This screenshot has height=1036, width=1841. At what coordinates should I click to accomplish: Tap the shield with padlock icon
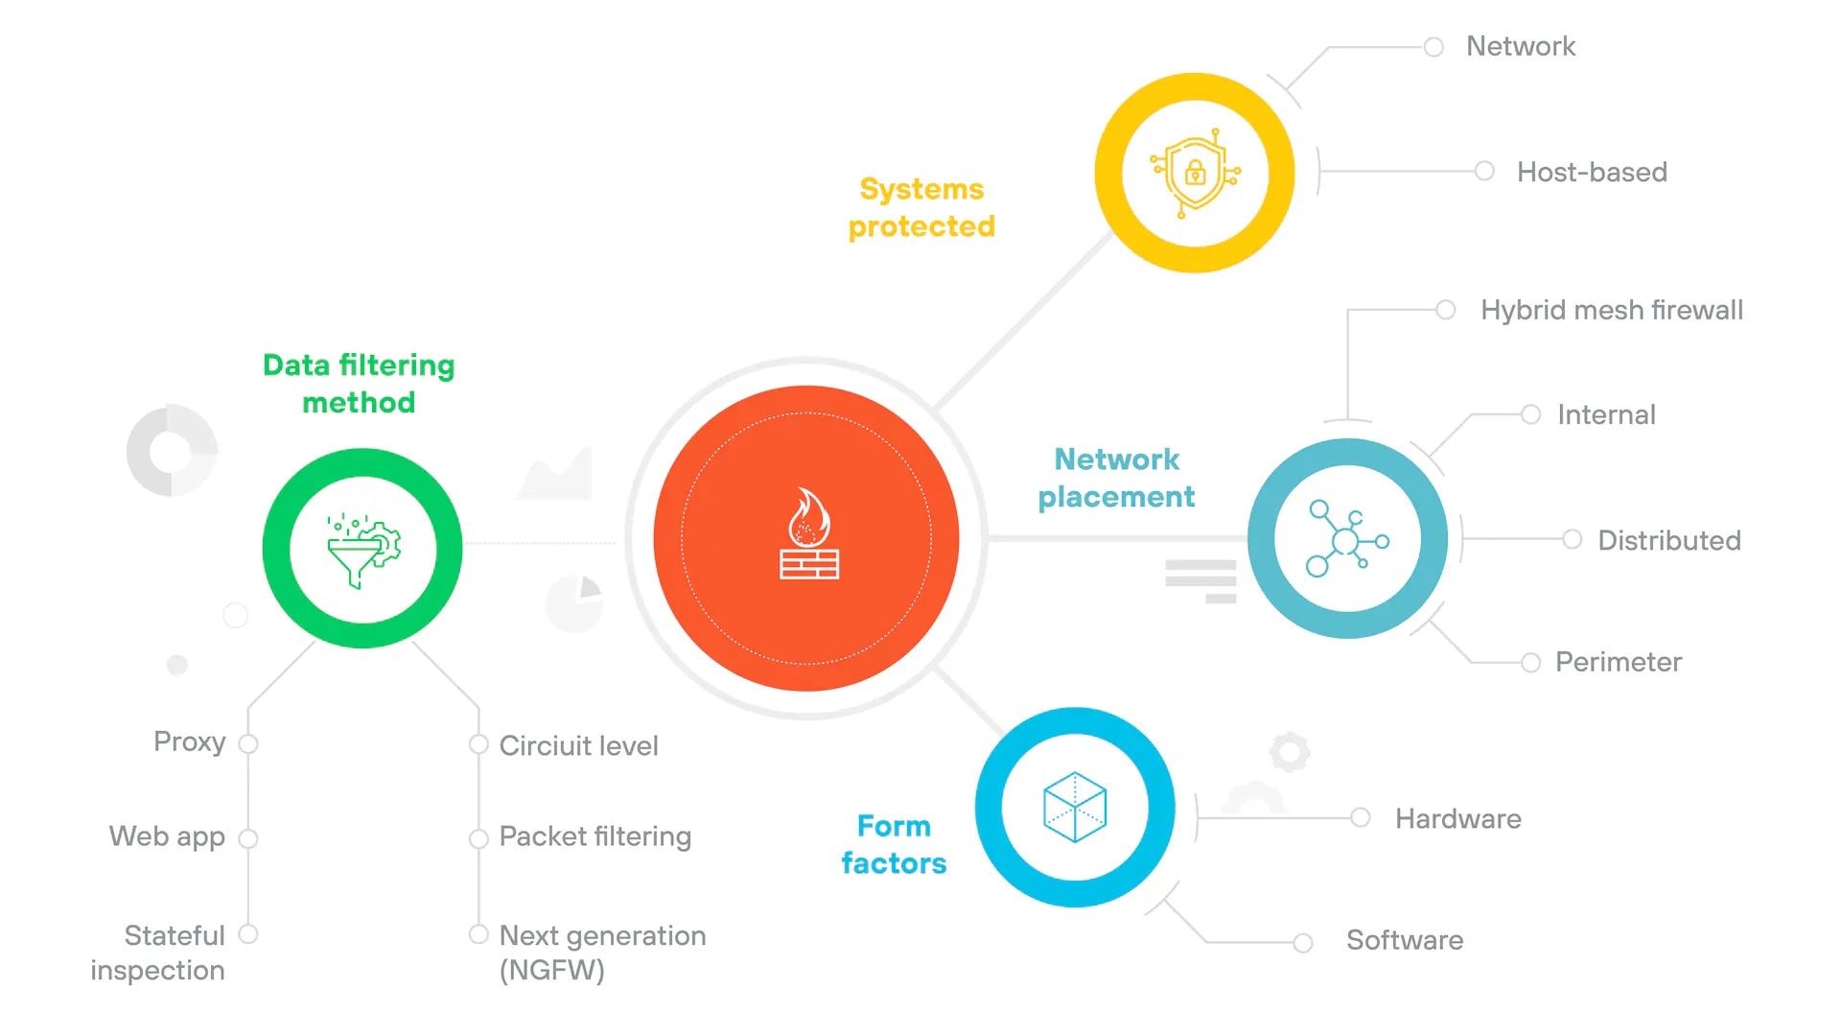click(x=1195, y=173)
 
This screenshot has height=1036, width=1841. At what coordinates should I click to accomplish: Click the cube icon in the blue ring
click(x=1075, y=807)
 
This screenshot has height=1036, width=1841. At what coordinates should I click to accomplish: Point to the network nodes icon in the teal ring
click(x=1347, y=539)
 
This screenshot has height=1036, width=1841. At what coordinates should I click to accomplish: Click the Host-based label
click(x=1592, y=173)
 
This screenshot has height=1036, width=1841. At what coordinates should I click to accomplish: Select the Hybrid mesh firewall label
click(x=1612, y=310)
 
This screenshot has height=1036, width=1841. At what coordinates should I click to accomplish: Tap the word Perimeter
click(x=1619, y=662)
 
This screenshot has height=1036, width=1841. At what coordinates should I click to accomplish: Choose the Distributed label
click(x=1669, y=540)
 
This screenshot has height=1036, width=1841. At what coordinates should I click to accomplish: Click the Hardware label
click(x=1458, y=818)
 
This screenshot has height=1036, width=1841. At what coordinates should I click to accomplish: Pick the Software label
click(x=1405, y=940)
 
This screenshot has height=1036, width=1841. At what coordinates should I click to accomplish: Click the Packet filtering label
click(x=595, y=836)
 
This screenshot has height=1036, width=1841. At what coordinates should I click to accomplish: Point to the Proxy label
click(x=190, y=742)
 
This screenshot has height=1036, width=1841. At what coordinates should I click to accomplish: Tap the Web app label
click(x=167, y=836)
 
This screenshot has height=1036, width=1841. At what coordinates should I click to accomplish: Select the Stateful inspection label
click(x=159, y=953)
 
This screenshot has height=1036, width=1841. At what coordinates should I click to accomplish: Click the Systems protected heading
click(x=921, y=207)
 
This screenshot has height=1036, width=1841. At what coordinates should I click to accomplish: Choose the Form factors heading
click(x=894, y=844)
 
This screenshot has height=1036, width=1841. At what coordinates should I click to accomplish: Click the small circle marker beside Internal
click(x=1530, y=414)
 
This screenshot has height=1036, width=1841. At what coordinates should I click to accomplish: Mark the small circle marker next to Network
click(x=1433, y=47)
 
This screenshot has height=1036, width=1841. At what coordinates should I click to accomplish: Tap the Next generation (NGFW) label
click(x=602, y=953)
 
